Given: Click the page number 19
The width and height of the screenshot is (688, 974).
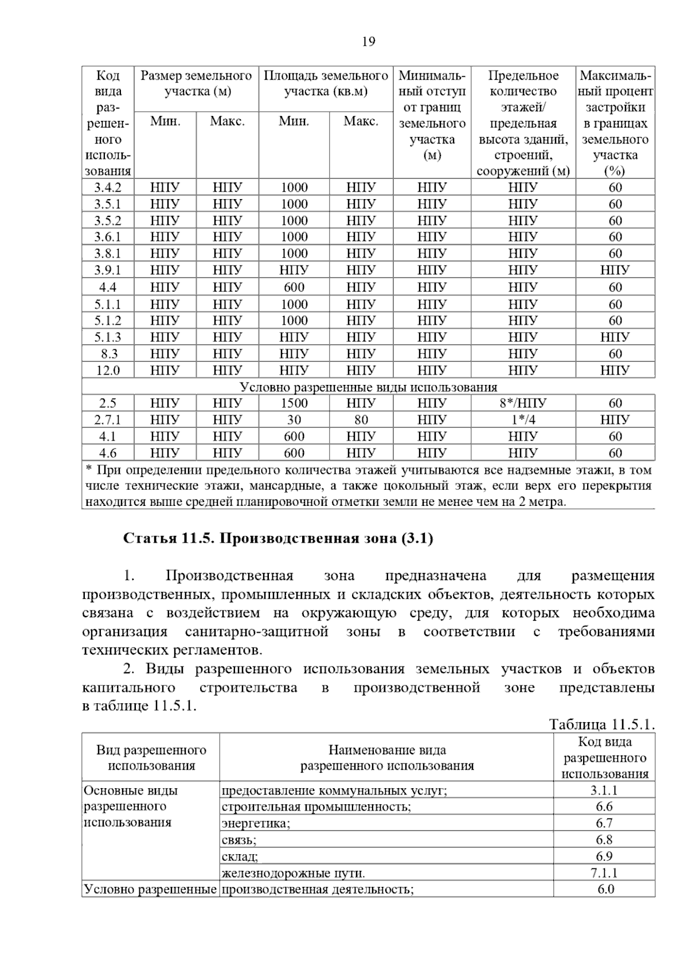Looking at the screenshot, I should [369, 42].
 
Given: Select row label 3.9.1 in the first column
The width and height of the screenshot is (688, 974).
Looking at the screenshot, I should [108, 270].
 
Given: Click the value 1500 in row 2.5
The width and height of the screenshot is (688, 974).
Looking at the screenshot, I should [294, 403].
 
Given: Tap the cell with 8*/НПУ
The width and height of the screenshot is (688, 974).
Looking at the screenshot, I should [522, 403].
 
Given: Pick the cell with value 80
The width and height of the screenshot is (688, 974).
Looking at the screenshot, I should [361, 420].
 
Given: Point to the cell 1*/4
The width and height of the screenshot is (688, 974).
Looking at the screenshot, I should [522, 420].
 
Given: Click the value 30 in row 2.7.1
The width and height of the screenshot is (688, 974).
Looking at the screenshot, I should [294, 420].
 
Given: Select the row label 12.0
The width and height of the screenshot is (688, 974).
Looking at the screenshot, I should [108, 371].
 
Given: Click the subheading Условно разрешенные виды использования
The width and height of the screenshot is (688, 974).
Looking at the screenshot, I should [368, 387].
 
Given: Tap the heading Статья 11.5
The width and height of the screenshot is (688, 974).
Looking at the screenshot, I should [278, 539].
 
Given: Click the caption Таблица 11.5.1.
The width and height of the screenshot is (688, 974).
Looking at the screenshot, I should [601, 724].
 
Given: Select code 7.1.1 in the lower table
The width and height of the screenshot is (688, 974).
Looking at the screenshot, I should [604, 873].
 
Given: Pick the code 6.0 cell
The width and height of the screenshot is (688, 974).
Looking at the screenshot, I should [604, 890].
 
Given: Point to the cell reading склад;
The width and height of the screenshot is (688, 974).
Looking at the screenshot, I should [240, 857].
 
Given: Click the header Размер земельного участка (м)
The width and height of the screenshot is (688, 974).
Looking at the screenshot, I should [196, 84].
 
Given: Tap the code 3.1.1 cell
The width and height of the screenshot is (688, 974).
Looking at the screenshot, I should [604, 790].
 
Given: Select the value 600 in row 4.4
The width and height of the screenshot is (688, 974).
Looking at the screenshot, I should [294, 287].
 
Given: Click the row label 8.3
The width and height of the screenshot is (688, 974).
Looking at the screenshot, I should [108, 354].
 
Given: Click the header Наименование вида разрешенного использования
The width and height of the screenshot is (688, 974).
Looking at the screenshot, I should [386, 758].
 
